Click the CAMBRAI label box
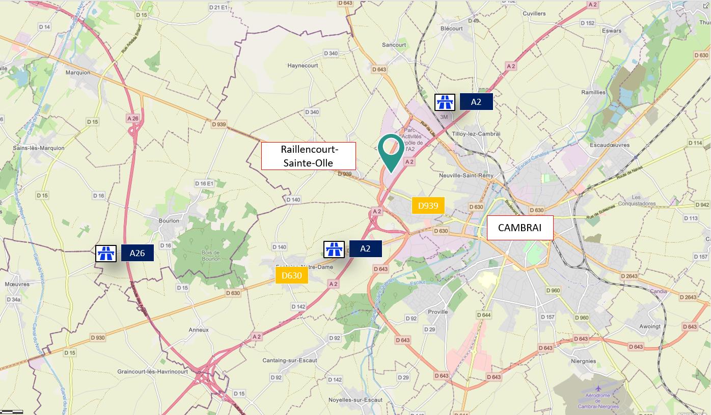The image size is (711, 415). [519, 228]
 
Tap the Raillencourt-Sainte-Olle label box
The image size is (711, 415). [308, 156]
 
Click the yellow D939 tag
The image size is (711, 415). [428, 206]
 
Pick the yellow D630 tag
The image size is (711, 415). [292, 276]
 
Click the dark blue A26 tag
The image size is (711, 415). [137, 253]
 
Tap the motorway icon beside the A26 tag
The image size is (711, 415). [106, 253]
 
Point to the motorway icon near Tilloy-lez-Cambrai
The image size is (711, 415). [445, 102]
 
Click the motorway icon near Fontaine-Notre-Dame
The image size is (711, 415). [334, 249]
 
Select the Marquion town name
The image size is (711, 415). [78, 72]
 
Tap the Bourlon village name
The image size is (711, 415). [169, 220]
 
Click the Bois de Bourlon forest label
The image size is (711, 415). [210, 256]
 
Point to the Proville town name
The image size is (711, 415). [438, 312]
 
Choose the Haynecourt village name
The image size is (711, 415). [303, 66]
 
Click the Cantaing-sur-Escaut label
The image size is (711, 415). [289, 361]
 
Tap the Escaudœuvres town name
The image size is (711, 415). [609, 145]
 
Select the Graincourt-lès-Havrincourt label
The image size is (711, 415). [152, 372]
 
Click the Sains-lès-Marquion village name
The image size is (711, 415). [39, 148]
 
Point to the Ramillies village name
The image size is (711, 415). [593, 92]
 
